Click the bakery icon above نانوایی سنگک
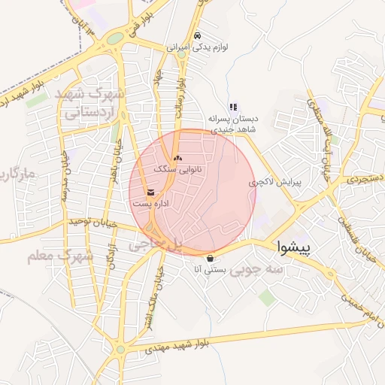178,158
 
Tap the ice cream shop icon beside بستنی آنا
209,257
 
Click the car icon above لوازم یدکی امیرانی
197,35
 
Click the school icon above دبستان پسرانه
233,107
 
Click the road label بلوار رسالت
180,94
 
